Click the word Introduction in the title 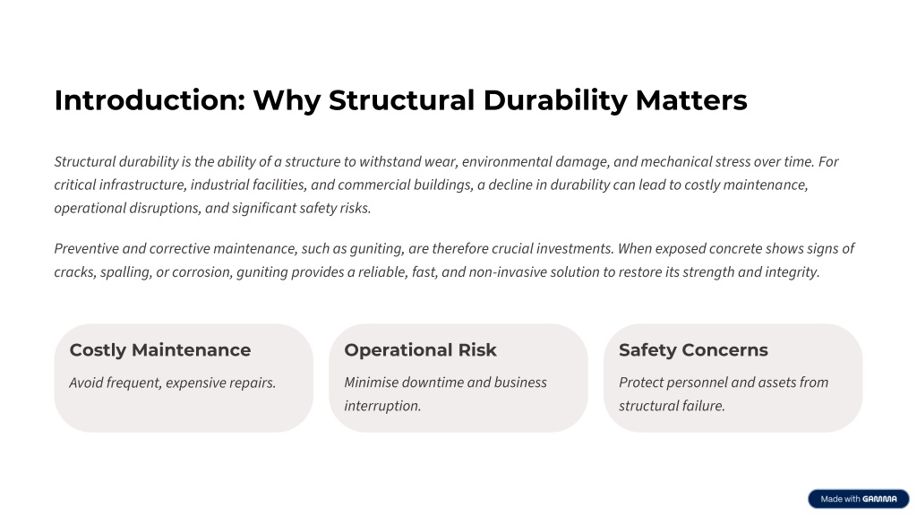150,100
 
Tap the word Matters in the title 691,100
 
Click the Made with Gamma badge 859,499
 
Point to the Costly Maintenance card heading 160,350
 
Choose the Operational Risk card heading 421,350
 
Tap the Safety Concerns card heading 694,350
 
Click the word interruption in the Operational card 382,406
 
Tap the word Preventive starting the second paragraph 87,249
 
